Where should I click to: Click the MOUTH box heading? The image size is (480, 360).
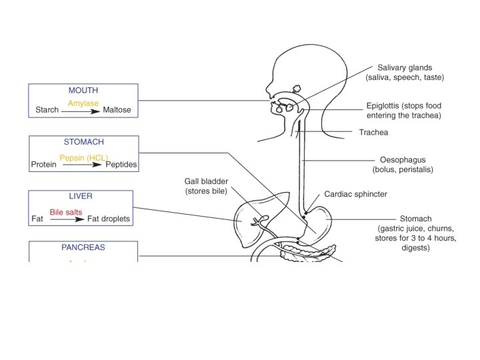click(x=83, y=90)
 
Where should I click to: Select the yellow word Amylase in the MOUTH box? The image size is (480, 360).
click(x=83, y=103)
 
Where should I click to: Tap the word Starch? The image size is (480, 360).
click(x=47, y=110)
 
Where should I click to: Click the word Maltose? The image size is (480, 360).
click(x=117, y=110)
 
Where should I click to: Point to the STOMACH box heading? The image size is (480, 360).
click(x=83, y=142)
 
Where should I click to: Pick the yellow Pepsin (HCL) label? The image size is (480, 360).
click(x=84, y=157)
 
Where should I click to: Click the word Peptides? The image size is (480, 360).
click(x=121, y=164)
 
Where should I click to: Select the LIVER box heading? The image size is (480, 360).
click(x=81, y=197)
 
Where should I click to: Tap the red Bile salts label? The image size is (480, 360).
click(x=65, y=211)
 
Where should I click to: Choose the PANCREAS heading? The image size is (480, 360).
click(x=83, y=247)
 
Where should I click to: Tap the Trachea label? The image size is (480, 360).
click(x=373, y=133)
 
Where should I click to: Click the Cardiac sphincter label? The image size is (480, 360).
click(x=355, y=195)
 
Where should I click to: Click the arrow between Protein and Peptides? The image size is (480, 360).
click(x=83, y=165)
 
